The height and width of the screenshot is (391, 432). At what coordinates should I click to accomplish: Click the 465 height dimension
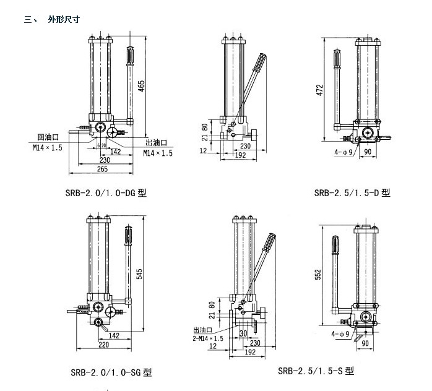click(x=142, y=86)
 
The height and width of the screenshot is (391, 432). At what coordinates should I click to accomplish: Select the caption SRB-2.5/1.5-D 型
click(x=352, y=192)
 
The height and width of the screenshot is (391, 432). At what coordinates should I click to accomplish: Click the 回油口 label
click(x=48, y=137)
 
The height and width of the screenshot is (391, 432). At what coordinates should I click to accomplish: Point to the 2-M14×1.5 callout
click(x=208, y=338)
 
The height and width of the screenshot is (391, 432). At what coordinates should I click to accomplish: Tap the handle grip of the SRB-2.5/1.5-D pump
click(x=337, y=61)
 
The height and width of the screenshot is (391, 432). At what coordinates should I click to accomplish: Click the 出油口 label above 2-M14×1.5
click(x=202, y=330)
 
